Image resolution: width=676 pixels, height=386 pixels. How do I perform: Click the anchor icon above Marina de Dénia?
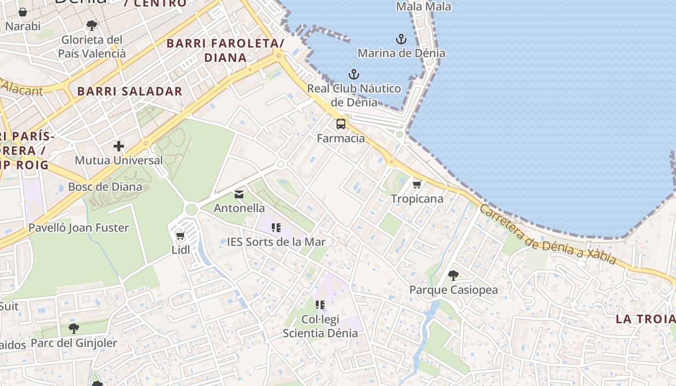point(401,39)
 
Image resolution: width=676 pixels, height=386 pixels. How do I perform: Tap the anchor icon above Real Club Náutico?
point(354,74)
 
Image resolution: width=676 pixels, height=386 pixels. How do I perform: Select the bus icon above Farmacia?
point(341,124)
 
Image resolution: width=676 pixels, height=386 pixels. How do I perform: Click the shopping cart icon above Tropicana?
point(417,184)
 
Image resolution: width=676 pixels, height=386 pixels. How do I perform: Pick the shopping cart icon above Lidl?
point(181,235)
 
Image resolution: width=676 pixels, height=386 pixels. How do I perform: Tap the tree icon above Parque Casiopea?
point(453,276)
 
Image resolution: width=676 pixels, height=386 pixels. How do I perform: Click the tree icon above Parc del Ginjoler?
point(74,329)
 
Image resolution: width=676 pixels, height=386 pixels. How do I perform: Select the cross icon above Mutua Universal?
point(119,146)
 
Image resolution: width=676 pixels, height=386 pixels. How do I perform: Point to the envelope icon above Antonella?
point(239,194)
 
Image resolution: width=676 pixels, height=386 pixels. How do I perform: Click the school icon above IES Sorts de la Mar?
point(276,227)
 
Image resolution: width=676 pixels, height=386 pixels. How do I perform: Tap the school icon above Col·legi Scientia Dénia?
point(320,304)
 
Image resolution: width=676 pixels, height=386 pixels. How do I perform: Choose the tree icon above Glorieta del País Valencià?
point(92,25)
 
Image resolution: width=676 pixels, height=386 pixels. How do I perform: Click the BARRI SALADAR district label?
point(130,91)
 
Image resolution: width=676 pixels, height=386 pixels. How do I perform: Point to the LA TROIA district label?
point(645,319)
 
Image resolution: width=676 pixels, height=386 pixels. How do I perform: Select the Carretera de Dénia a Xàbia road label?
point(548,235)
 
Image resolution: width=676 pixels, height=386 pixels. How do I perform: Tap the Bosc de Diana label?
point(105,187)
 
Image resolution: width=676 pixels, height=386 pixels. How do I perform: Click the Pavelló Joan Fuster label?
point(79,228)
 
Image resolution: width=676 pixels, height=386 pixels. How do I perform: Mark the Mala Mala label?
point(423,7)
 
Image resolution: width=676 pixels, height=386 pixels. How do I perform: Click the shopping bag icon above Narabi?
point(23,12)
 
